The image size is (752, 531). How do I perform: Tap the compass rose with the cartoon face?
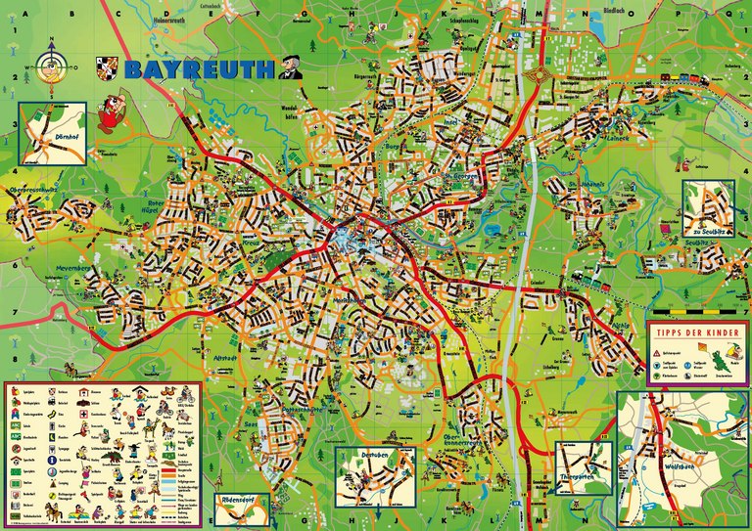tap(51, 67)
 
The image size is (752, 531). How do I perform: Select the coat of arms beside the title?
tap(107, 67)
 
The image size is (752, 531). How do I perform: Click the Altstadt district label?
tap(224, 360)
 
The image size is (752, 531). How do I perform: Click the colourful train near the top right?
tap(680, 79)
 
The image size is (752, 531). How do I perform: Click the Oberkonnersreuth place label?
tap(458, 442)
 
